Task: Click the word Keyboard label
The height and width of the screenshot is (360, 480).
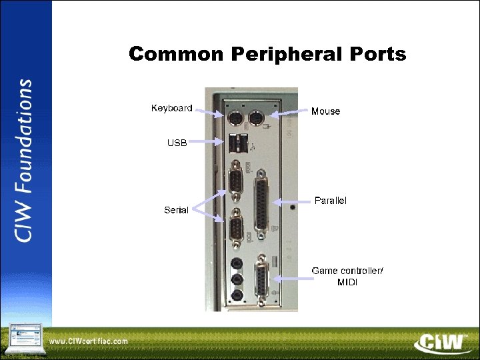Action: point(171,108)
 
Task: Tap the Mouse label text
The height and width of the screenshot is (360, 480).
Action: point(325,111)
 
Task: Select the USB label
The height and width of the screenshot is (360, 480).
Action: point(177,142)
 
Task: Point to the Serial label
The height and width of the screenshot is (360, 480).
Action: point(176,211)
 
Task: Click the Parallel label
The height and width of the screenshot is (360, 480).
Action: point(330,201)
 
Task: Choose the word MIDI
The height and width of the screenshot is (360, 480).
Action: point(348,282)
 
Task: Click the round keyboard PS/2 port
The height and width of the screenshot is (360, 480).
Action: point(235,120)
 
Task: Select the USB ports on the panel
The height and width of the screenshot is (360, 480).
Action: point(237,142)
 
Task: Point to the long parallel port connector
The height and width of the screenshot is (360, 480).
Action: point(263,201)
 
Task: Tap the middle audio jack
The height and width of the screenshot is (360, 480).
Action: point(236,279)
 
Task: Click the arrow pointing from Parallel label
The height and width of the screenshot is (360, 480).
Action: point(293,201)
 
